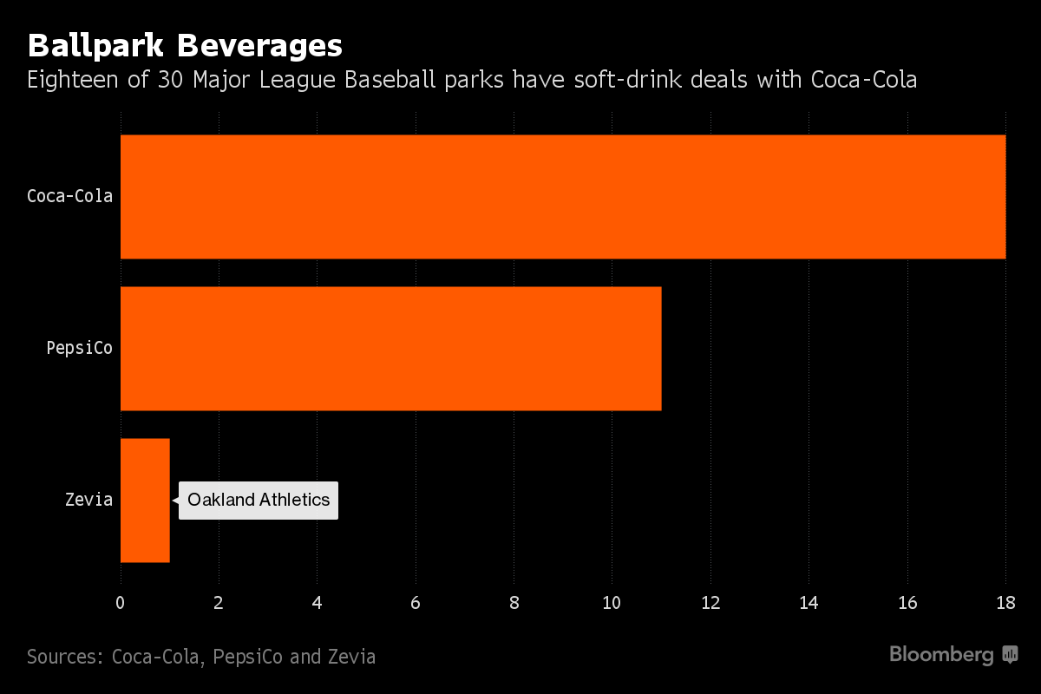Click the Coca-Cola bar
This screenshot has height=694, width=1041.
pos(562,196)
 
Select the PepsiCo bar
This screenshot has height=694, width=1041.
pos(390,348)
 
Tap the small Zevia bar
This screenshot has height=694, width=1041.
pos(145,500)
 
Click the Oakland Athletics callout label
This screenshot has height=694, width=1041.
pos(259,501)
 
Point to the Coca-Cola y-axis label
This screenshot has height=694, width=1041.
pos(69,196)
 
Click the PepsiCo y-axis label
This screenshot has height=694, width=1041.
pos(80,348)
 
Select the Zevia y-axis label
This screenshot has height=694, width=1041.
pos(88,500)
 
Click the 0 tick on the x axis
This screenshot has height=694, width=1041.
pos(121,604)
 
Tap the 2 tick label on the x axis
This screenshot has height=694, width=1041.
pos(219,604)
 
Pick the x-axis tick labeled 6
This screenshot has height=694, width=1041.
pos(416,604)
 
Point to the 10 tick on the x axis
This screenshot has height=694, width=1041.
pos(612,604)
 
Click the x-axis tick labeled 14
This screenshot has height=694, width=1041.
pos(809,604)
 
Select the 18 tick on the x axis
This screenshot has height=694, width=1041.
pos(1005,604)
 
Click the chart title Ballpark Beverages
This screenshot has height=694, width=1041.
pos(185,45)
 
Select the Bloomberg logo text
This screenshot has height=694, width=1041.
pos(941,655)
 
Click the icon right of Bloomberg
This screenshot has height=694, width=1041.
pos(1010,655)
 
